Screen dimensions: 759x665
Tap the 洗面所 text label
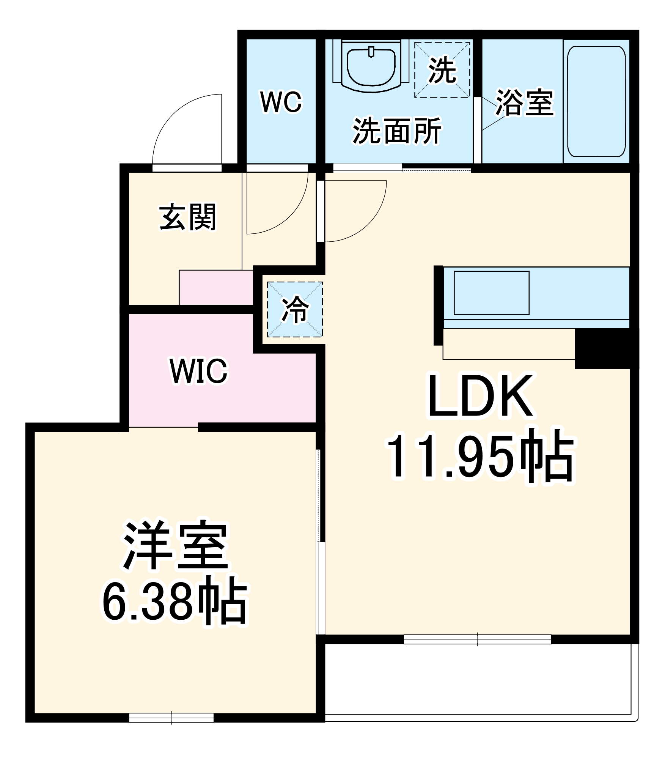pyautogui.click(x=397, y=131)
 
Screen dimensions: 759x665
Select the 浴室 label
pyautogui.click(x=524, y=102)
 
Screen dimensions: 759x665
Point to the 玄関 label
pyautogui.click(x=188, y=217)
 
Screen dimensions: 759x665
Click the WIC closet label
pyautogui.click(x=199, y=371)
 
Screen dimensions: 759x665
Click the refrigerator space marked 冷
pyautogui.click(x=295, y=310)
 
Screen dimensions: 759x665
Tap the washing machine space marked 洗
pyautogui.click(x=442, y=70)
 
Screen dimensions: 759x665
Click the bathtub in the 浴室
pyautogui.click(x=596, y=101)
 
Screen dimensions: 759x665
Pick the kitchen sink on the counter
pyautogui.click(x=491, y=293)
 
